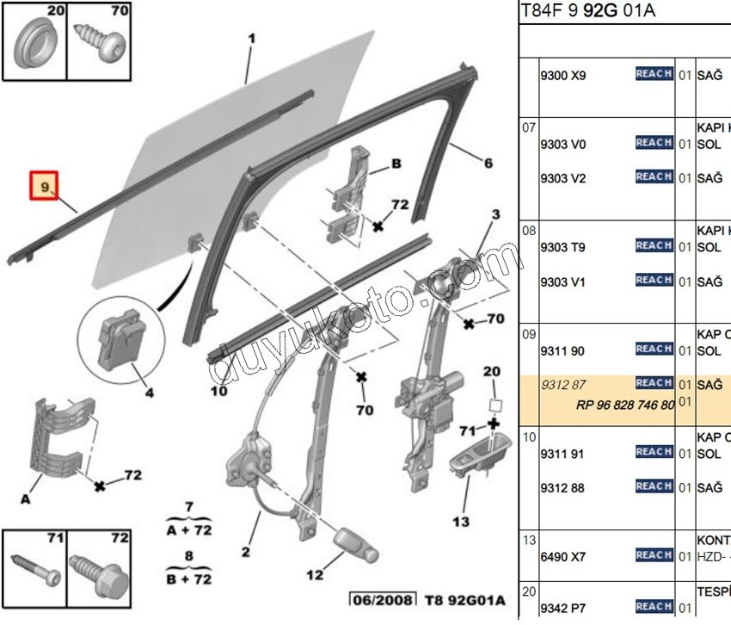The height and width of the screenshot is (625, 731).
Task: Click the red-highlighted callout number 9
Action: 44,185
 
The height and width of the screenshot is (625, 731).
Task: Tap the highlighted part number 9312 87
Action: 562,384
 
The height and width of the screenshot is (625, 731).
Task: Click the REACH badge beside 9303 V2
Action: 654,177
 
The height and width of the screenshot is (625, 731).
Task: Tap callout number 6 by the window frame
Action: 488,164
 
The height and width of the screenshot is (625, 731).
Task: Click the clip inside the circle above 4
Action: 120,337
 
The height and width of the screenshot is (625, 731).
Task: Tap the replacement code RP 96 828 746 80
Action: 625,405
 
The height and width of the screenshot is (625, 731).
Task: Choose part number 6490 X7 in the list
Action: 562,557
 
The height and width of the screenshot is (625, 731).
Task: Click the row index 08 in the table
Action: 530,230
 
